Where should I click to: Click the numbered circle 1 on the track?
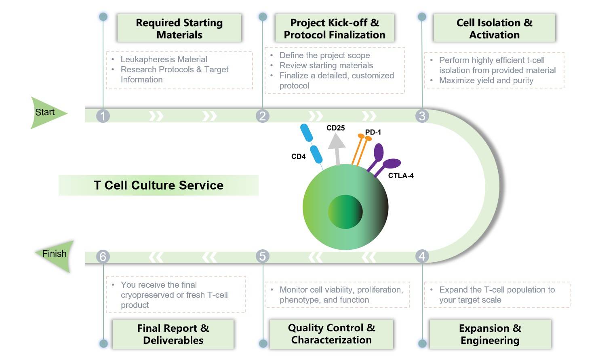pyautogui.click(x=103, y=116)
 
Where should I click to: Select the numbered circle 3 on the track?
pyautogui.click(x=422, y=116)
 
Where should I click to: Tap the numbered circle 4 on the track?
pyautogui.click(x=422, y=256)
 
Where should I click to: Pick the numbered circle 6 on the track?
pyautogui.click(x=103, y=257)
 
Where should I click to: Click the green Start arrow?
pyautogui.click(x=47, y=112)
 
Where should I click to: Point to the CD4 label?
pyautogui.click(x=298, y=157)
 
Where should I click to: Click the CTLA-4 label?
pyautogui.click(x=400, y=176)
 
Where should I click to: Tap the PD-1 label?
pyautogui.click(x=373, y=132)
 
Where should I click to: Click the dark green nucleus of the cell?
pyautogui.click(x=345, y=211)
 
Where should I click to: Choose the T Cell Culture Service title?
pyautogui.click(x=158, y=185)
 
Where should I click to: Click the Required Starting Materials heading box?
pyautogui.click(x=179, y=28)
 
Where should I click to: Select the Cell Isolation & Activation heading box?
pyautogui.click(x=494, y=28)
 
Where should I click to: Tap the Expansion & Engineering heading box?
pyautogui.click(x=490, y=334)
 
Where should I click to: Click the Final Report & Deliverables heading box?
pyautogui.click(x=173, y=334)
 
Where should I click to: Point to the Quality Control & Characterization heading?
pyautogui.click(x=331, y=334)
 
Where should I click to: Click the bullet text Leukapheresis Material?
pyautogui.click(x=164, y=59)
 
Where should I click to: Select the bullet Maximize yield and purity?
pyautogui.click(x=486, y=80)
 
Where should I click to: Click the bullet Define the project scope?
pyautogui.click(x=324, y=55)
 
